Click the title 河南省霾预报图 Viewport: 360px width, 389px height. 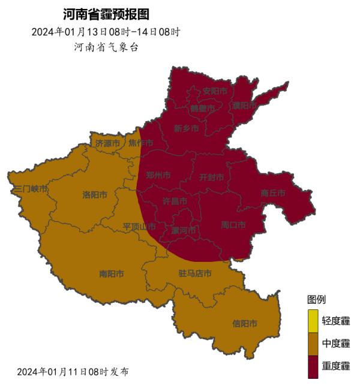tap(106, 14)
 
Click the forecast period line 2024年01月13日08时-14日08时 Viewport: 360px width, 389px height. tap(106, 32)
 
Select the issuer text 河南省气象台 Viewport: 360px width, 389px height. tap(106, 47)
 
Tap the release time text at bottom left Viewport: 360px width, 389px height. tap(73, 372)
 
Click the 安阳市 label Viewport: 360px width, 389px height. tap(215, 91)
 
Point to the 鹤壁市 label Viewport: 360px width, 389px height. tap(202, 108)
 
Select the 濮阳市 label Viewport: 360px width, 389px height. tap(245, 105)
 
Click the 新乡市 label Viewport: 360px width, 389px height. tap(186, 128)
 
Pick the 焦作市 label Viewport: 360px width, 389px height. tap(140, 143)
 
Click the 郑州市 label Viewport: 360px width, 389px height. tap(158, 176)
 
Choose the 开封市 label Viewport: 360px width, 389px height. tap(211, 177)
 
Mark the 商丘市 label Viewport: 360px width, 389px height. tap(273, 192)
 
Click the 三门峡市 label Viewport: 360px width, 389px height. tap(31, 189)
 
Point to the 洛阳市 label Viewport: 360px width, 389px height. tap(95, 195)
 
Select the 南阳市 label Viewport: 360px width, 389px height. tap(112, 274)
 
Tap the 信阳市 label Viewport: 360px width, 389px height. tap(245, 324)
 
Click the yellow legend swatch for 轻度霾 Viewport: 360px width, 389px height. tap(313, 321)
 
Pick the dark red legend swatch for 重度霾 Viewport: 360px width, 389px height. tap(313, 366)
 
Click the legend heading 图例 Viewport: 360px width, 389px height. tap(317, 299)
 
